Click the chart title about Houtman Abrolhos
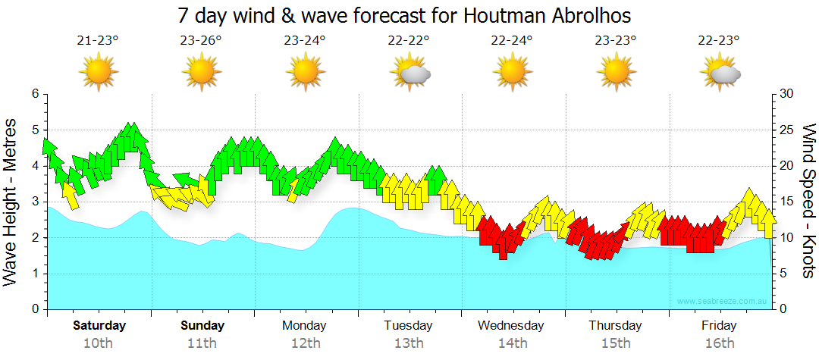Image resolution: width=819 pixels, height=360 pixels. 404,15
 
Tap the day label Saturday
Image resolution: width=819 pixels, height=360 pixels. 99,326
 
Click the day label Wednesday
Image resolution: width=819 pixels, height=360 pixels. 511,326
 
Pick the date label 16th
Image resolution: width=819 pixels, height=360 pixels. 719,343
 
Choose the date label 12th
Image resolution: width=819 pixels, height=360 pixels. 305,343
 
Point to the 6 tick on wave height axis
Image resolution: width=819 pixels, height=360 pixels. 34,94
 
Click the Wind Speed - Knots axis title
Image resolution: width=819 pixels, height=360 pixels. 808,201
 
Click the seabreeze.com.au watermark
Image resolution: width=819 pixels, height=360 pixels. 723,301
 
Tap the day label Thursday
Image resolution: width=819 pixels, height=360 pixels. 615,326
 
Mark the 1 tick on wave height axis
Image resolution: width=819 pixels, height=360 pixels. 34,274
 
